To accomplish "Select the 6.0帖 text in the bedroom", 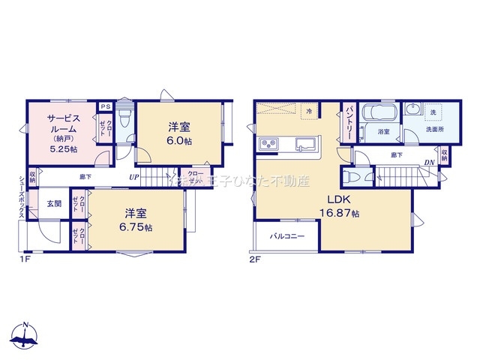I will pyautogui.click(x=180, y=139).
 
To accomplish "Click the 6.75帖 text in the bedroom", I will pyautogui.click(x=137, y=226).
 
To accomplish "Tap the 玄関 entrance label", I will pyautogui.click(x=54, y=203).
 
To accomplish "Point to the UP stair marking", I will pyautogui.click(x=133, y=177).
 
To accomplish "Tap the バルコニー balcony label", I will pyautogui.click(x=287, y=236).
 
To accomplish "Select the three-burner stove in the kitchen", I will pyautogui.click(x=269, y=143).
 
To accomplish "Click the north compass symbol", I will pyautogui.click(x=25, y=337).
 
